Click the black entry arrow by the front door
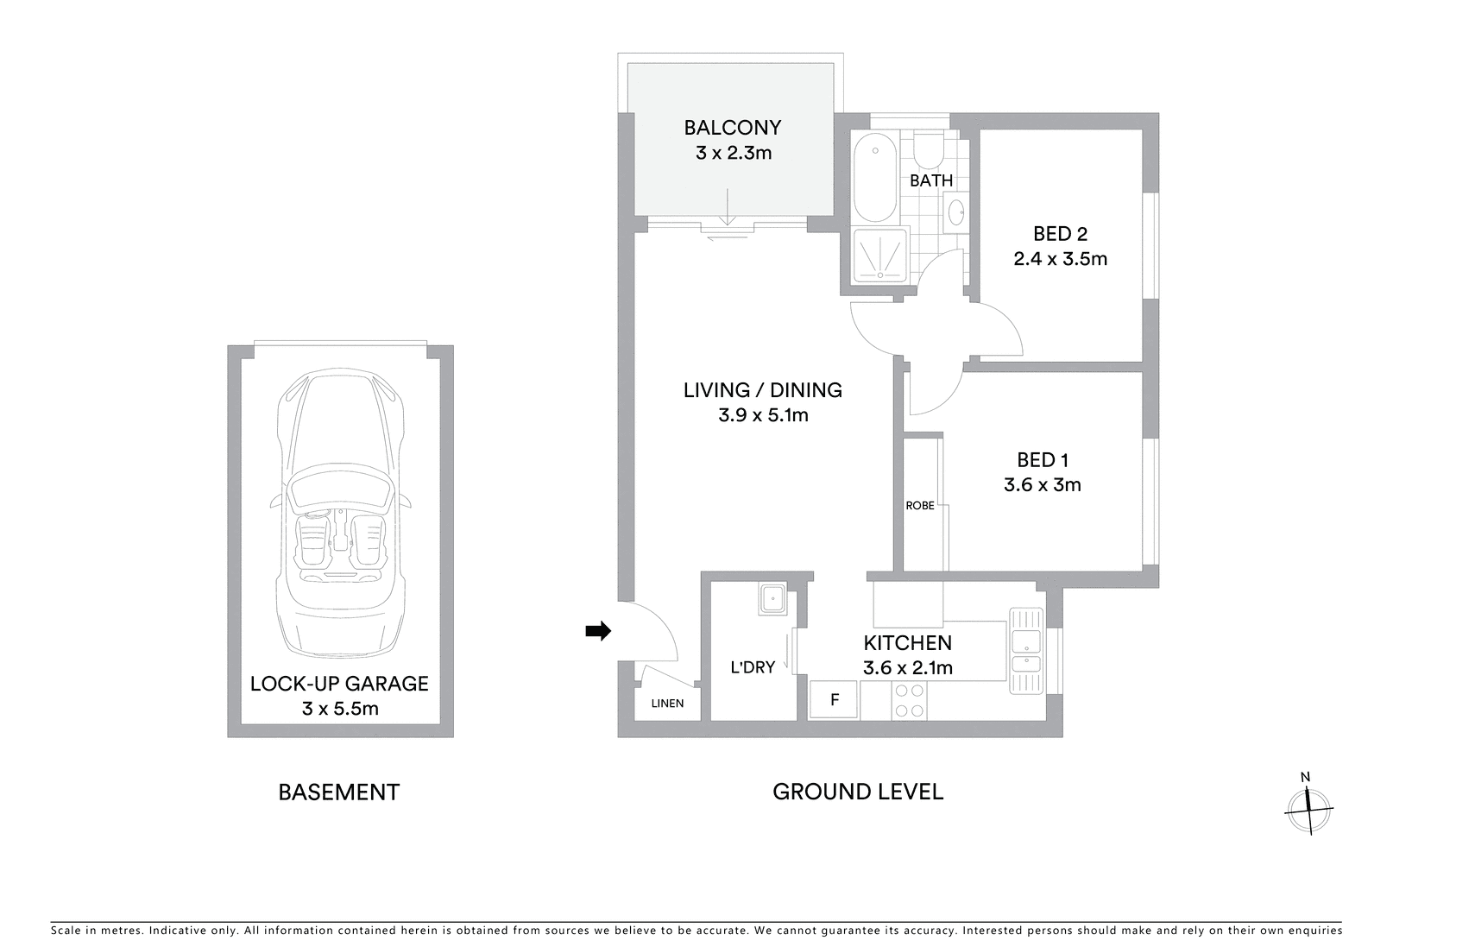tap(598, 631)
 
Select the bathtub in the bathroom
tap(875, 178)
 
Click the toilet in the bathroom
tap(930, 151)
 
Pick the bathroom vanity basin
tap(955, 212)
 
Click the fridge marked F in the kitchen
tap(834, 699)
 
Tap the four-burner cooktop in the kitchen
tap(909, 700)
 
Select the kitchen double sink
tap(1026, 651)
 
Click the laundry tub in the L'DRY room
tap(772, 598)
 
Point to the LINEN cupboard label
tap(667, 704)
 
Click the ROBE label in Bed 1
tap(919, 506)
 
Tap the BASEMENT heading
tap(339, 792)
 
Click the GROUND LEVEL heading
tap(857, 792)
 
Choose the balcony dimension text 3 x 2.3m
tap(733, 153)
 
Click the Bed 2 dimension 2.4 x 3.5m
tap(1060, 259)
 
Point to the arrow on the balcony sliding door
tap(727, 207)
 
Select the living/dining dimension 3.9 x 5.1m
tap(762, 415)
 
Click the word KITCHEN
tap(907, 643)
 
